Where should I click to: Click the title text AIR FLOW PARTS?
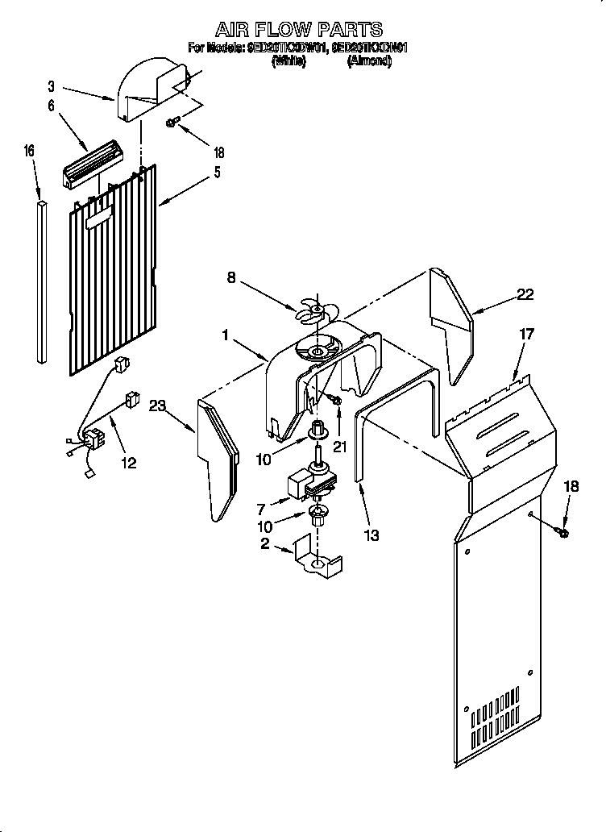pyautogui.click(x=297, y=30)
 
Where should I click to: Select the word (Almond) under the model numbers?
pyautogui.click(x=369, y=61)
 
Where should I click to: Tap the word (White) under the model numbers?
pyautogui.click(x=289, y=61)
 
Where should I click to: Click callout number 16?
pyautogui.click(x=30, y=151)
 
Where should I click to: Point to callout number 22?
pyautogui.click(x=525, y=294)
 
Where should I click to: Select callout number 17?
pyautogui.click(x=526, y=333)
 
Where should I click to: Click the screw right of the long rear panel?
pyautogui.click(x=562, y=530)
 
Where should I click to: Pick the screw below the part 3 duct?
pyautogui.click(x=172, y=123)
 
